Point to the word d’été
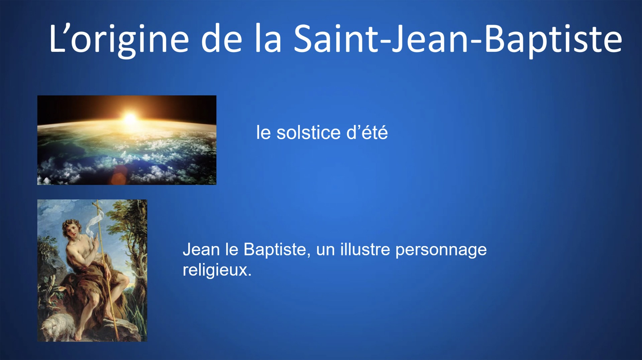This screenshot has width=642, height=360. (x=367, y=132)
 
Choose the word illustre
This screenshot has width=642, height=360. (x=365, y=249)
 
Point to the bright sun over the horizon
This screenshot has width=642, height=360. (x=130, y=118)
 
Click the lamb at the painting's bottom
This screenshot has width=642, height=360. (x=57, y=326)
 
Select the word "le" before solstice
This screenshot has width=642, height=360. (x=263, y=132)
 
